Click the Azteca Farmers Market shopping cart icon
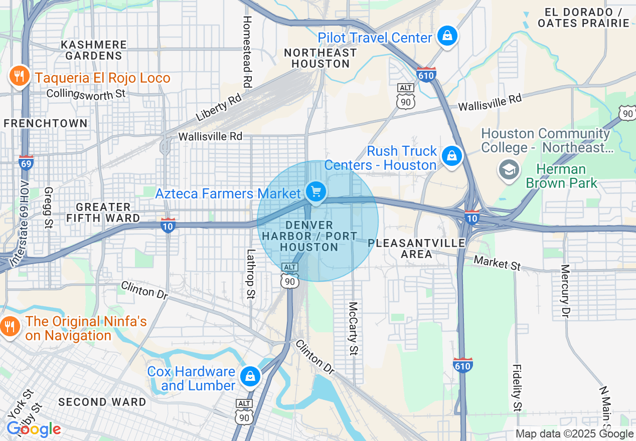click(x=316, y=191)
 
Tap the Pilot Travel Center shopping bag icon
click(x=446, y=36)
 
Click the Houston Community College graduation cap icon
click(x=509, y=169)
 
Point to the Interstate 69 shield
click(x=26, y=163)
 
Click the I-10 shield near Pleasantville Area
click(x=471, y=217)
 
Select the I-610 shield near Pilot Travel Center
click(x=426, y=75)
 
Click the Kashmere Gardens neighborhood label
click(x=93, y=50)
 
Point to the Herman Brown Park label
click(x=561, y=176)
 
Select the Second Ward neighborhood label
click(x=102, y=402)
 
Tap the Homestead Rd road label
click(x=247, y=52)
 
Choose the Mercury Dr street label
click(x=565, y=292)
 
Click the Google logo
click(x=34, y=429)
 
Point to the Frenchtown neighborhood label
click(x=45, y=123)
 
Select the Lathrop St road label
click(x=250, y=275)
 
